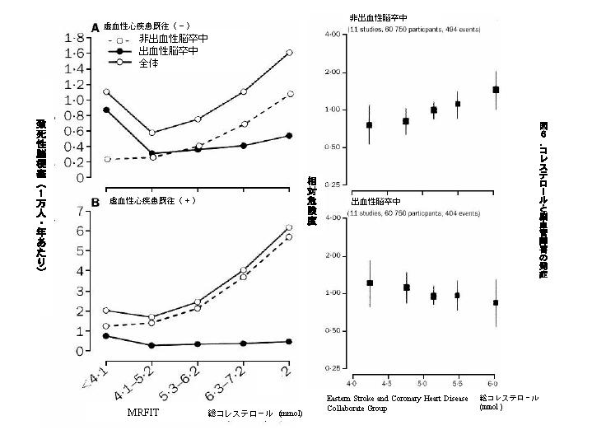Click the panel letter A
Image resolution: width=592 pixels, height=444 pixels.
[95, 27]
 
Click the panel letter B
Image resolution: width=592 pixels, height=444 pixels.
[96, 201]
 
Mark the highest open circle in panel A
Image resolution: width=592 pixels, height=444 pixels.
[288, 53]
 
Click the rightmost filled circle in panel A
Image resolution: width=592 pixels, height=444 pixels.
[288, 135]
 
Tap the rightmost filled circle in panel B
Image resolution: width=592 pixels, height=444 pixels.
[288, 341]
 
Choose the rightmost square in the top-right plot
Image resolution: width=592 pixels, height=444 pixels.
[495, 90]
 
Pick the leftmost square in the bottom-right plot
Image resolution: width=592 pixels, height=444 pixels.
[370, 283]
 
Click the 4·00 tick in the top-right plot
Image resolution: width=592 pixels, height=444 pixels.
[333, 35]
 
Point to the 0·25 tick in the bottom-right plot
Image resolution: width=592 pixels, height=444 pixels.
[333, 367]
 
